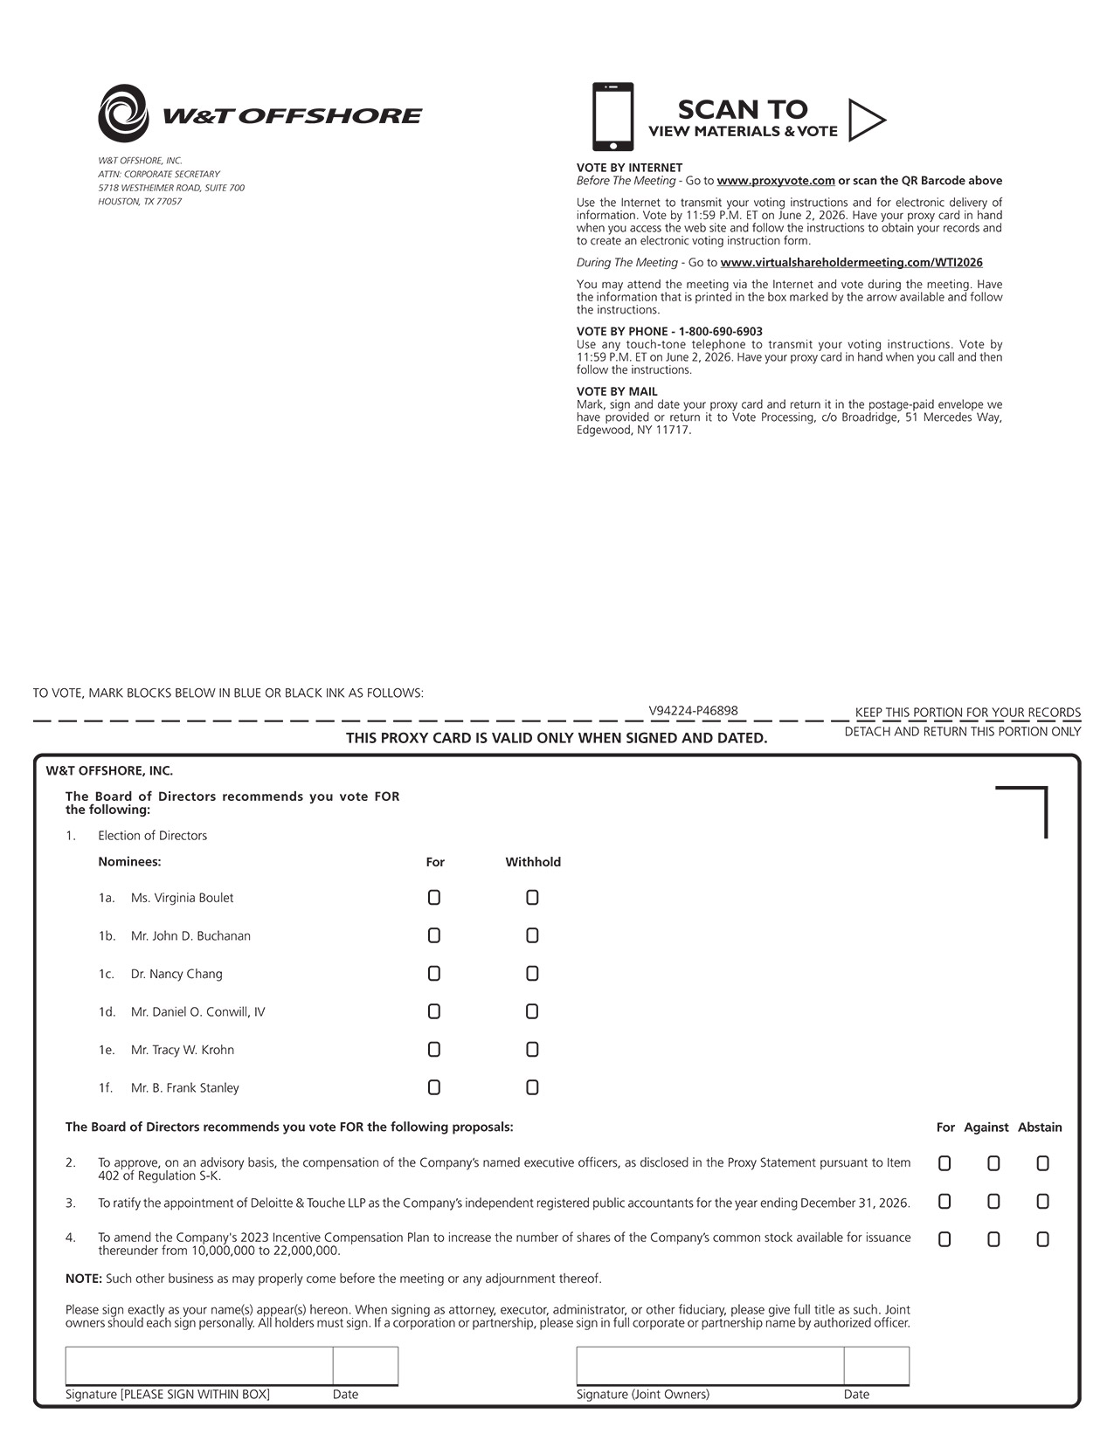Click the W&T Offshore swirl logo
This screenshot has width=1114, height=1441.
click(x=123, y=113)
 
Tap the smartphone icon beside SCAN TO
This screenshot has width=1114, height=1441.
click(x=612, y=116)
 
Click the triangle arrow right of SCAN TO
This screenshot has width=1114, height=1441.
click(x=865, y=120)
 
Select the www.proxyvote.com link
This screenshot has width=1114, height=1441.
click(x=776, y=181)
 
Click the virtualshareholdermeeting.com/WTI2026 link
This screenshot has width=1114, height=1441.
click(x=851, y=262)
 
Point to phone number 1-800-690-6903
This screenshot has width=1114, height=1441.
click(x=720, y=332)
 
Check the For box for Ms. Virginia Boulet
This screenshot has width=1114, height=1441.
click(x=434, y=898)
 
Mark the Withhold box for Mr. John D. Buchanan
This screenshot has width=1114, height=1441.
click(x=532, y=936)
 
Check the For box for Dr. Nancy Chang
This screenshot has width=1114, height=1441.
click(x=434, y=974)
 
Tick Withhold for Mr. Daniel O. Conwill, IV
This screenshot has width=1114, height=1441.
click(x=532, y=1012)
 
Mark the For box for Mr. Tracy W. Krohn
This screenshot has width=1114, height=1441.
click(x=434, y=1050)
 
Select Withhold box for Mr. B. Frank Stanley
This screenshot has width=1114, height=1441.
click(x=532, y=1088)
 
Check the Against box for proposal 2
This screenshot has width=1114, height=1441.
click(x=993, y=1163)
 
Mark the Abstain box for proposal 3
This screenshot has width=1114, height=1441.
click(x=1042, y=1202)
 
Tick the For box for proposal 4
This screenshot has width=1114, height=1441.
click(x=944, y=1239)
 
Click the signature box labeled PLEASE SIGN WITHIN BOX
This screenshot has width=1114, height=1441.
click(x=198, y=1366)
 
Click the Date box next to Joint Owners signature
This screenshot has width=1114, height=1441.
click(x=876, y=1366)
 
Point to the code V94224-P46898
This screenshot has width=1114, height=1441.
click(x=693, y=711)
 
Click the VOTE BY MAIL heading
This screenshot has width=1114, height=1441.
click(x=617, y=392)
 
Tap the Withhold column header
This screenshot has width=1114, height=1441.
click(x=533, y=862)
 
